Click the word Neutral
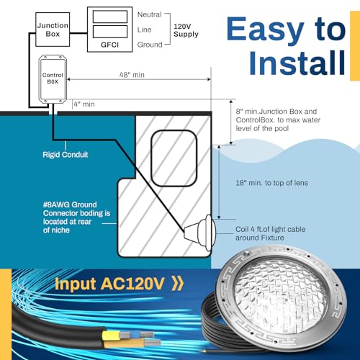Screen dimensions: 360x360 click(x=148, y=13)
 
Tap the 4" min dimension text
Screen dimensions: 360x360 click(x=86, y=104)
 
